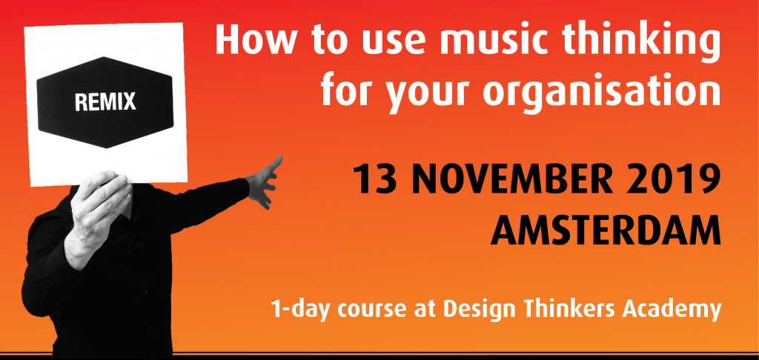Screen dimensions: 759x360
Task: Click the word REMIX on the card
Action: coord(105,101)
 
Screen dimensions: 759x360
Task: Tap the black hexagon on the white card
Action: coord(105,102)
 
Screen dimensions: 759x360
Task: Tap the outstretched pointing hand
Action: coord(263,182)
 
